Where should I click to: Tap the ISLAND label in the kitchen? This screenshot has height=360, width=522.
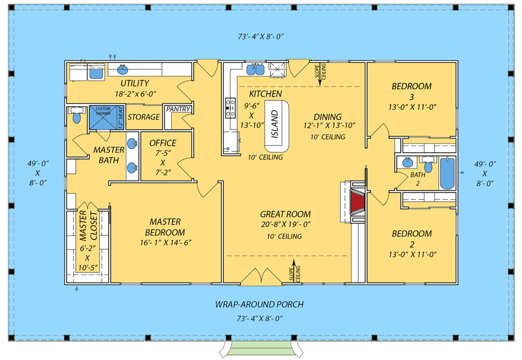click(275, 124)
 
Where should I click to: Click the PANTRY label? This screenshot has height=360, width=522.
click(178, 109)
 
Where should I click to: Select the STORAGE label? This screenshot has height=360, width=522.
click(144, 117)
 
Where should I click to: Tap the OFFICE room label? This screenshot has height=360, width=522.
click(163, 143)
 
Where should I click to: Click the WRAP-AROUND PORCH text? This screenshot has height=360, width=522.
click(259, 304)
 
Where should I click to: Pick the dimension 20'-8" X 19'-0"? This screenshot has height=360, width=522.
click(286, 225)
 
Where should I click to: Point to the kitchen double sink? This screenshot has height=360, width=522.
click(255, 69)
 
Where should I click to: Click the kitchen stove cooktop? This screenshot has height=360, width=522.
click(230, 107)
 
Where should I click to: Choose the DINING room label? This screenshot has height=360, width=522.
click(328, 117)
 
